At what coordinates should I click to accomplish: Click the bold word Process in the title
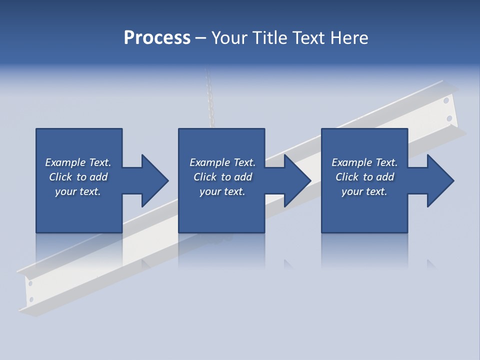click(157, 38)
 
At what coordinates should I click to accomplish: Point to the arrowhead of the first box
click(154, 180)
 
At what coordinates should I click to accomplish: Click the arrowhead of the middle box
click(297, 180)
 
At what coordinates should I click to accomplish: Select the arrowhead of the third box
click(440, 180)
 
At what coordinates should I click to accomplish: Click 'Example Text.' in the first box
click(78, 162)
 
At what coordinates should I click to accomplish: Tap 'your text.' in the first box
click(78, 191)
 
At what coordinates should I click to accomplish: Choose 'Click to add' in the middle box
click(222, 177)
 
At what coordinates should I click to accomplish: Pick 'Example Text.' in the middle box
click(222, 162)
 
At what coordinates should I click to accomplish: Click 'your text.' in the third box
click(364, 191)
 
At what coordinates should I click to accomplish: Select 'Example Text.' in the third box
click(364, 162)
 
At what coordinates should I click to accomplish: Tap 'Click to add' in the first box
click(78, 177)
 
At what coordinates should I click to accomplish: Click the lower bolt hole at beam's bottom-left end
click(31, 299)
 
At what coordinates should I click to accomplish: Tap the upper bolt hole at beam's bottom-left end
click(30, 283)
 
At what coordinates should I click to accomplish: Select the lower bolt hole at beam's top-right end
click(449, 118)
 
